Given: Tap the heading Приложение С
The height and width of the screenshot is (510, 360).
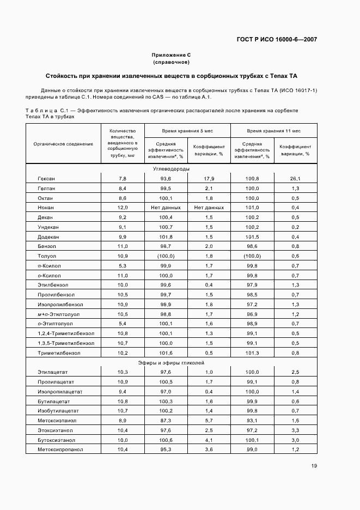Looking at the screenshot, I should click(171, 55).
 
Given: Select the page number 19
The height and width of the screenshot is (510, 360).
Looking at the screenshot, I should click(314, 465).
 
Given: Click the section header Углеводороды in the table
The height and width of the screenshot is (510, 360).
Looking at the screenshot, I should click(171, 169).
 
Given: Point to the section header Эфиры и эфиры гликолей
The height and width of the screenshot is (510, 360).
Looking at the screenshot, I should click(171, 362).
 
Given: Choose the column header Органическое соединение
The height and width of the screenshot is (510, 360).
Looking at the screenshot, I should click(63, 144).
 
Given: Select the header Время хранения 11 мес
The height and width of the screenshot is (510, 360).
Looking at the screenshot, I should click(273, 131).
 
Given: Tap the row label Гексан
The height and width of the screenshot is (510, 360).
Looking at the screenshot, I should click(46, 179).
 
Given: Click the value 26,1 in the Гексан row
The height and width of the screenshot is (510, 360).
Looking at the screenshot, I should click(295, 179).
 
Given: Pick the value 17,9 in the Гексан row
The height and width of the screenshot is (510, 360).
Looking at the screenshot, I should click(209, 179).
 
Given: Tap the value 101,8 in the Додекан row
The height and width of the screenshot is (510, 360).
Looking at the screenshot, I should click(166, 237).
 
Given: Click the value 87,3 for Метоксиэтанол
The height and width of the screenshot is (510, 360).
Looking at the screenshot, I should click(166, 421).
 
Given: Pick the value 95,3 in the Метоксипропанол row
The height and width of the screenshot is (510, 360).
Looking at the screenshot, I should click(166, 450).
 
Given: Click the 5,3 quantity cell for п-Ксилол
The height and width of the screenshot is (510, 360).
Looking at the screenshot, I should click(123, 266).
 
